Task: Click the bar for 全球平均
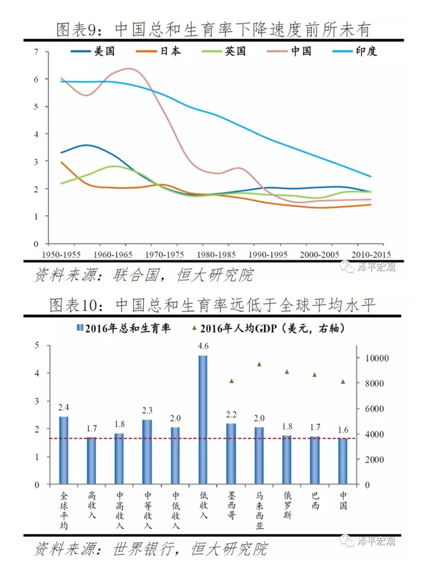(x=64, y=449)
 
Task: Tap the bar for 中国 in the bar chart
(x=342, y=461)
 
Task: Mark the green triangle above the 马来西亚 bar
(x=259, y=364)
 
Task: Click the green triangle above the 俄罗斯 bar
(x=287, y=372)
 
